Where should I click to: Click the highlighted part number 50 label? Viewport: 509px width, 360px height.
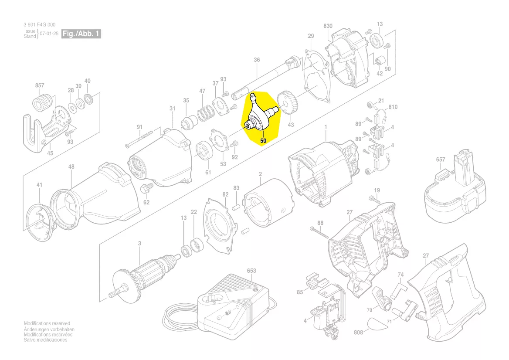263,141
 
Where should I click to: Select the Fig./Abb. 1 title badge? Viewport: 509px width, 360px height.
81,34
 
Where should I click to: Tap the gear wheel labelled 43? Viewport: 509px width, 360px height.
285,104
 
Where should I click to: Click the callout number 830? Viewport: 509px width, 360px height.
328,26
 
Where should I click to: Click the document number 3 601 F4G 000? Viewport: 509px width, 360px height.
39,25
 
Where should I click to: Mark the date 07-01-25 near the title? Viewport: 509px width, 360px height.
49,34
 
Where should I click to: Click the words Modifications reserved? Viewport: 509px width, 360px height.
47,323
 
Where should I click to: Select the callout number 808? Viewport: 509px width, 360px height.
358,333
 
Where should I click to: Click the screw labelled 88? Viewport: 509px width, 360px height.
319,231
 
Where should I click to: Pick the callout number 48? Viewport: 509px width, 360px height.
71,166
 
